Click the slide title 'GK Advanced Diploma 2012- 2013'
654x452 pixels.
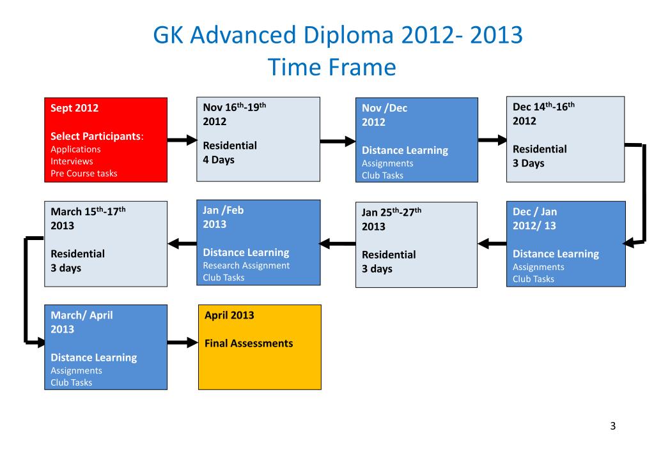click(x=338, y=35)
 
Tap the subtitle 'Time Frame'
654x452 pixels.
click(x=332, y=66)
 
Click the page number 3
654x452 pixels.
click(x=612, y=426)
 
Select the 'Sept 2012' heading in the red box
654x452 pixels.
click(x=75, y=108)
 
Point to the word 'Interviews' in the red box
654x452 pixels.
click(x=72, y=161)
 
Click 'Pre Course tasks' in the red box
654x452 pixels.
click(x=84, y=173)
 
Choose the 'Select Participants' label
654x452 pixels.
click(x=95, y=136)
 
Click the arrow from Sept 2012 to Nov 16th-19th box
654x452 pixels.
click(x=183, y=140)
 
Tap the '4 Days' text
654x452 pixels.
click(x=219, y=160)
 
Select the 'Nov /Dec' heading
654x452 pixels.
click(x=384, y=108)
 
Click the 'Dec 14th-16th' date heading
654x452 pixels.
click(x=543, y=107)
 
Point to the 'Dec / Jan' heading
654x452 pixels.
click(x=534, y=211)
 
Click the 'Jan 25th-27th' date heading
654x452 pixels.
click(x=391, y=213)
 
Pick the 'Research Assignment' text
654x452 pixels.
click(x=246, y=265)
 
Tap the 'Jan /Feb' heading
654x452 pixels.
click(x=223, y=210)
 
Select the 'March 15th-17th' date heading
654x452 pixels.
click(x=88, y=211)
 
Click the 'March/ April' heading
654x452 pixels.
click(x=82, y=315)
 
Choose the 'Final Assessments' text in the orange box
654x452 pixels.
click(x=249, y=343)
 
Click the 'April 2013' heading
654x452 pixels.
click(x=229, y=315)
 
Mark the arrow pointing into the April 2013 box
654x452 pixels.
click(x=183, y=343)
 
